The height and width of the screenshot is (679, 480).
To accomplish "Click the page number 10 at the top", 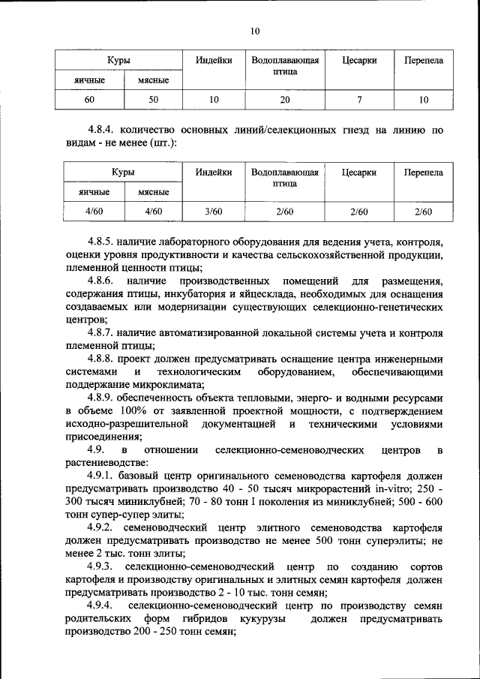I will point(255,31).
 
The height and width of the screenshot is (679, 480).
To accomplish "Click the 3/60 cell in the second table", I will point(213,212).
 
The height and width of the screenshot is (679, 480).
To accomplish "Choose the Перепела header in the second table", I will point(423,173).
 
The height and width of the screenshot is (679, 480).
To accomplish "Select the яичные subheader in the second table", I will point(89,193).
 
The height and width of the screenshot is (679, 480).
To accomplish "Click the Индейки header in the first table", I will point(213,60).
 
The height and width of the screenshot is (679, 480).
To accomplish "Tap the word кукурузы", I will point(262,619).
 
